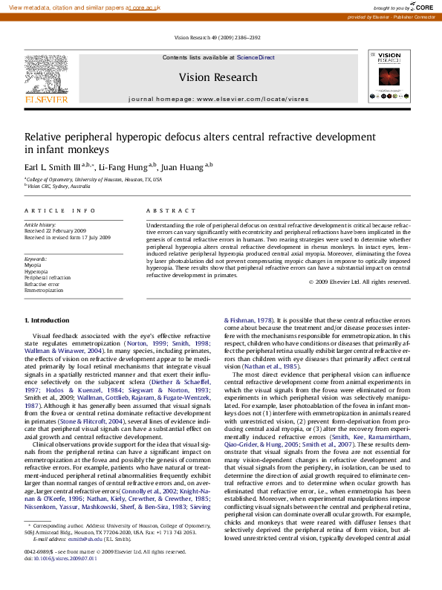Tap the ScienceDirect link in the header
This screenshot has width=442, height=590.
point(256,57)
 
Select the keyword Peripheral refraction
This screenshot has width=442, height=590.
point(48,277)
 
